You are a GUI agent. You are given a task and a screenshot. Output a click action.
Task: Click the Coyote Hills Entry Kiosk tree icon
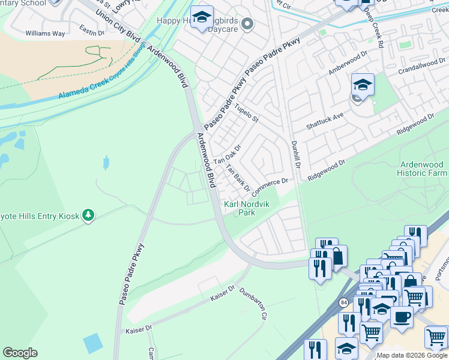[88, 215]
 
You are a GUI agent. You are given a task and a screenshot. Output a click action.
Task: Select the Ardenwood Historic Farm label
[421, 169]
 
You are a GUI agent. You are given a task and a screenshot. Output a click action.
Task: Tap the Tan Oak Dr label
[228, 155]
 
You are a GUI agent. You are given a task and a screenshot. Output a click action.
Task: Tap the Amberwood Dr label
[348, 63]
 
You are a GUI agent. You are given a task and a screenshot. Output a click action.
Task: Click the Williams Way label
[45, 34]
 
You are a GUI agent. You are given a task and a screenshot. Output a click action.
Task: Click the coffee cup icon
[402, 316]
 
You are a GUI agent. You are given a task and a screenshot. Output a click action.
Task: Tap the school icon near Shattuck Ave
[363, 85]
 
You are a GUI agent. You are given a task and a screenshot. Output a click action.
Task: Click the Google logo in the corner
[20, 353]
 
